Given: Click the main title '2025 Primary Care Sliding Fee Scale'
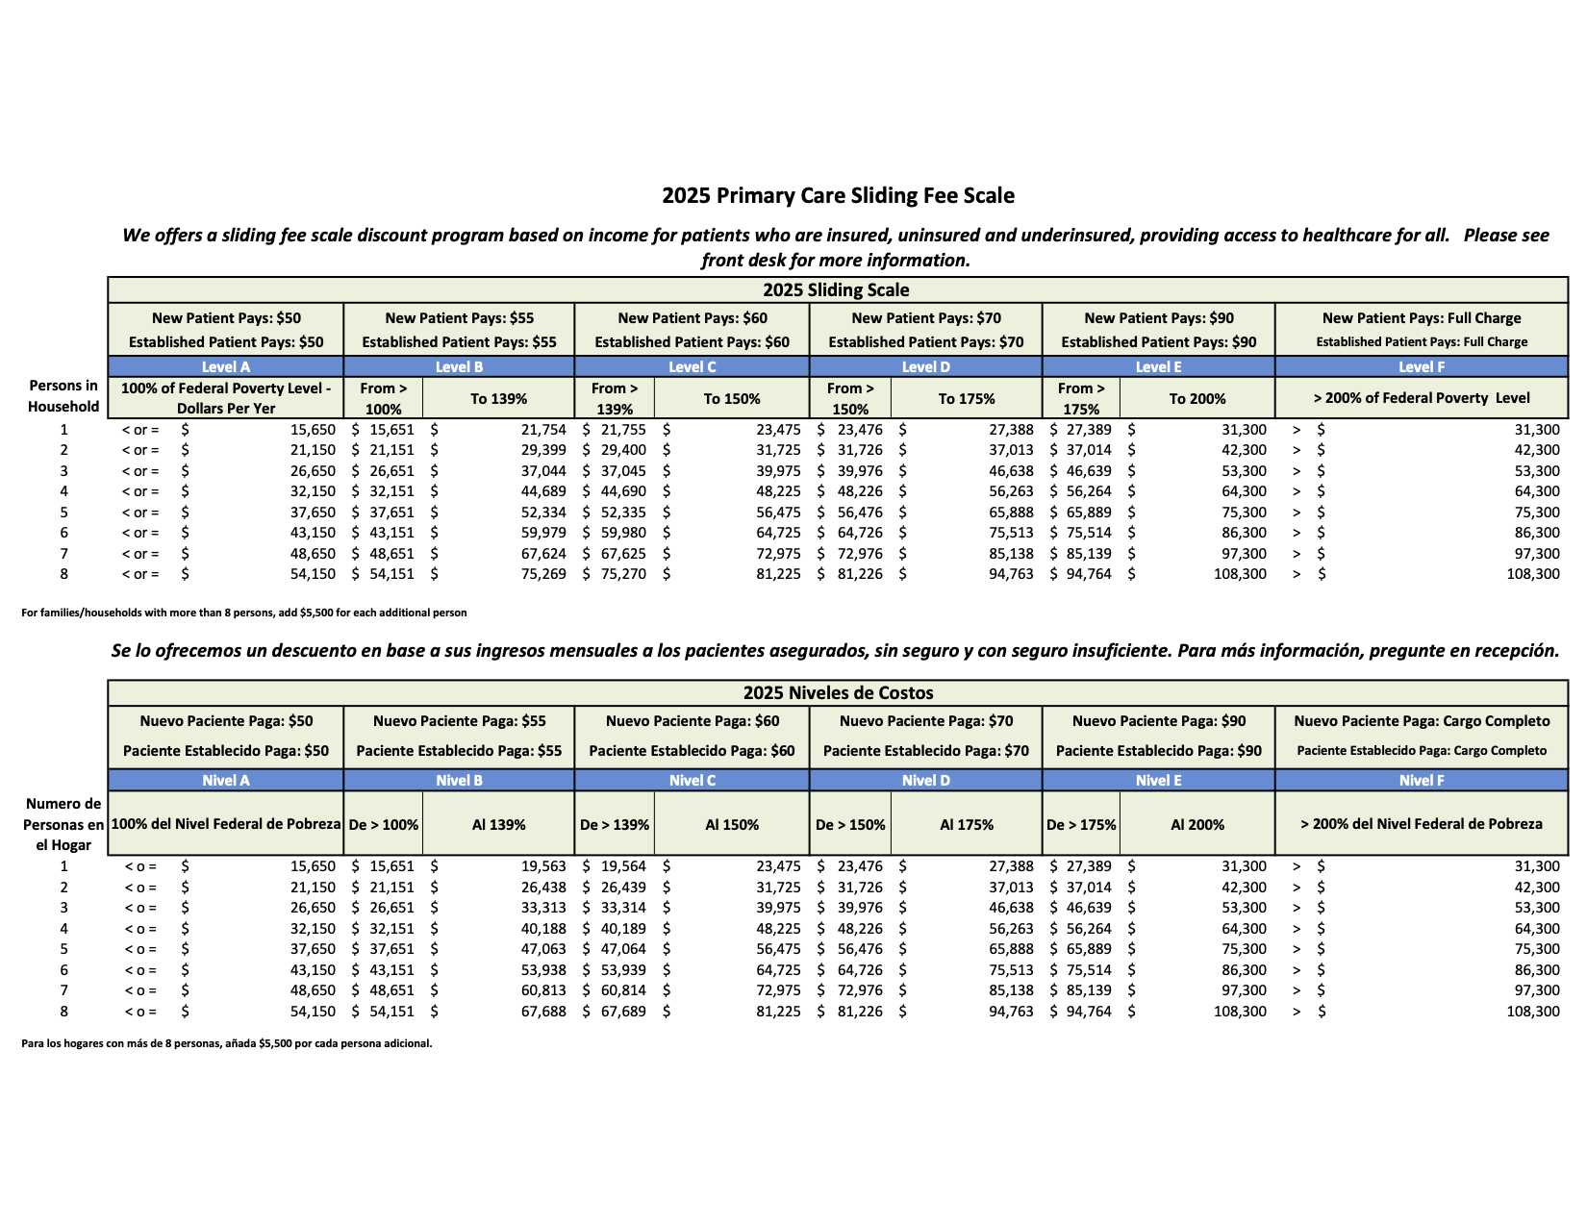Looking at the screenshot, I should click(838, 196).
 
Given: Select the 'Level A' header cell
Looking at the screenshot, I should click(225, 367).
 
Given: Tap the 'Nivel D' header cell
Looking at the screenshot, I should click(925, 781).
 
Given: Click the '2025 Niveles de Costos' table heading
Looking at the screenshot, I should click(838, 693).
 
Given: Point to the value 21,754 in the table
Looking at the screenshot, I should click(543, 430).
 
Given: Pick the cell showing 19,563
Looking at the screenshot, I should click(543, 866).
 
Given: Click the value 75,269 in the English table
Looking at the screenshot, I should click(543, 574).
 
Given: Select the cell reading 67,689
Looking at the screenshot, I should click(623, 1012).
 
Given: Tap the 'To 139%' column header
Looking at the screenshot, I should click(498, 399).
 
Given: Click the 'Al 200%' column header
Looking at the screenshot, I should click(1197, 825).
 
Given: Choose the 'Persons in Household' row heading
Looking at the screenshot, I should click(63, 396).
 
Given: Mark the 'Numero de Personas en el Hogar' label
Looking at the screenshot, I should click(63, 824).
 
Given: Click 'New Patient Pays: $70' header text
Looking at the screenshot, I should click(926, 318).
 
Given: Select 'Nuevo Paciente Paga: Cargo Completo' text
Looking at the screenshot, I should click(1422, 721).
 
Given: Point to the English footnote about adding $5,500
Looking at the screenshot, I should click(244, 613).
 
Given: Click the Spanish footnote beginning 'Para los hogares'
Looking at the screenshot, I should click(227, 1043).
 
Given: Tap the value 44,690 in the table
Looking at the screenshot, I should click(623, 491).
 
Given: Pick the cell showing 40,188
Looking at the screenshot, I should click(543, 929).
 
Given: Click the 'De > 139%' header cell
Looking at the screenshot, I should click(615, 825).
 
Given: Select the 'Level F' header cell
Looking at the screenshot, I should click(1422, 367).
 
